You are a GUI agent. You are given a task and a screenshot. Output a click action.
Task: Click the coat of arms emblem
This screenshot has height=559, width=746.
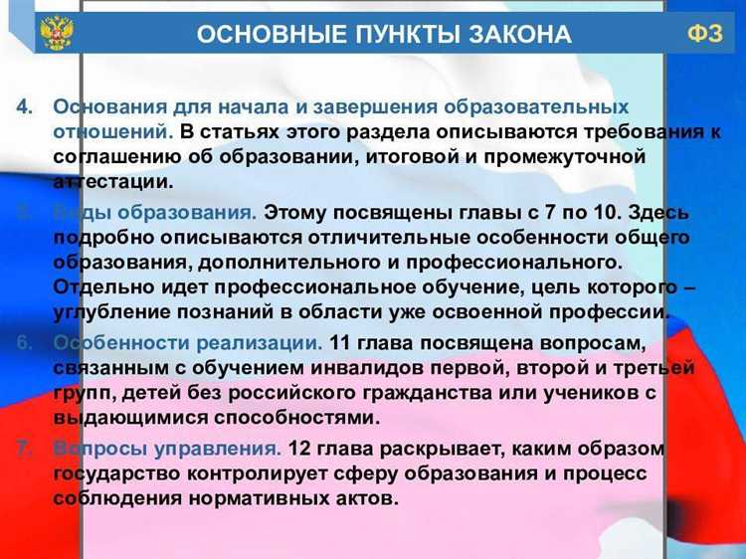tap(56, 33)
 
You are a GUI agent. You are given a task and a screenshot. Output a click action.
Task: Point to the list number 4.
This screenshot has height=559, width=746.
tap(27, 106)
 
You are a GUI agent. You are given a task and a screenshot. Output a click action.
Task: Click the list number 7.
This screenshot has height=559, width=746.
tap(27, 449)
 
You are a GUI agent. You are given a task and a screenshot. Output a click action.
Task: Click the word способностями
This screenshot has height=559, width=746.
tap(296, 418)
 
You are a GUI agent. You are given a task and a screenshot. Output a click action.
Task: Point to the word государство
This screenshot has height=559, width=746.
tap(117, 473)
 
